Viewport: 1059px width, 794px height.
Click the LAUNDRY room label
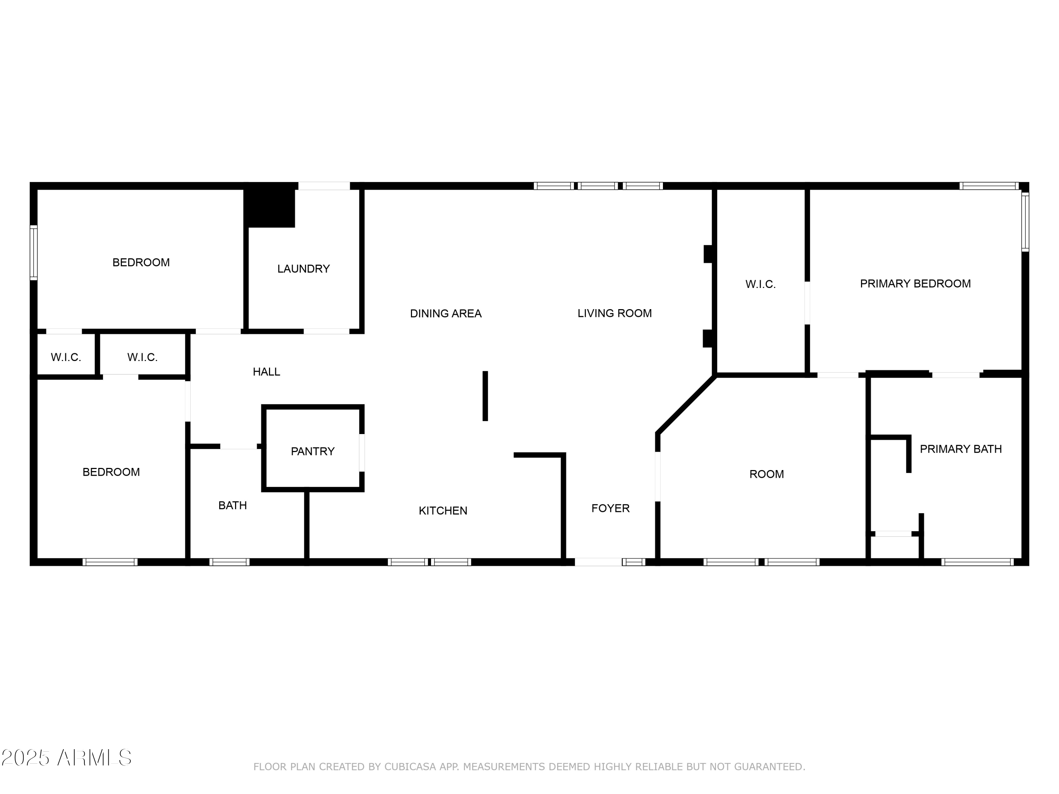pos(304,269)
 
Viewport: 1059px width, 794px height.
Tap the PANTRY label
pos(313,451)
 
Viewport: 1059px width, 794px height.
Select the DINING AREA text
pos(446,313)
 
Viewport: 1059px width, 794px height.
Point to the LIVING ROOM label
pos(615,313)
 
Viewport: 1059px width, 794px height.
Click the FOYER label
pos(610,508)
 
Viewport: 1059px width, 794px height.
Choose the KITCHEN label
pos(443,511)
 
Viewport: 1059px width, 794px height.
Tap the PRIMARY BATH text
pos(961,449)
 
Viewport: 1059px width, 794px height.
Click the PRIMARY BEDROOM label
pos(915,284)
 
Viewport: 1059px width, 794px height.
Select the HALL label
pos(266,372)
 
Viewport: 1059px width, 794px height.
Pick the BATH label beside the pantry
pos(233,505)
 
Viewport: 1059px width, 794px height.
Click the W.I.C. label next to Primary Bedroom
pos(760,284)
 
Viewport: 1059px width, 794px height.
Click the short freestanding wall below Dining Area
pos(485,396)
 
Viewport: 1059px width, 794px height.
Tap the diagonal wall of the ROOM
pos(686,405)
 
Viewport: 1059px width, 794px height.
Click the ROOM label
pos(766,474)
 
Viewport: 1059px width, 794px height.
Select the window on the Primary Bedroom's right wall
pos(1025,222)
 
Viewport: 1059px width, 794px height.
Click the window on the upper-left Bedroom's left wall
pos(34,253)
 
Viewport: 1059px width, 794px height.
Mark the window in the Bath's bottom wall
pos(229,562)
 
